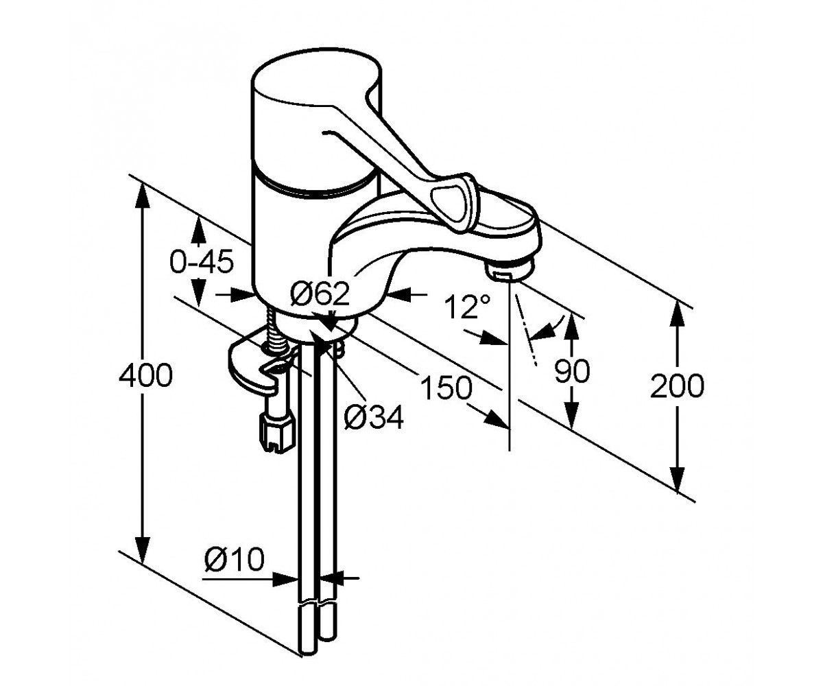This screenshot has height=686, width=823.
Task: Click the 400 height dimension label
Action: pyautogui.click(x=145, y=375)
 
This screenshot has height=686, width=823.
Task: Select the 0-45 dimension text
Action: pyautogui.click(x=202, y=261)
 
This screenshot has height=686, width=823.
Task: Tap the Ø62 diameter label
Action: pyautogui.click(x=320, y=294)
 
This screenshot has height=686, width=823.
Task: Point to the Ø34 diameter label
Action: pyautogui.click(x=374, y=416)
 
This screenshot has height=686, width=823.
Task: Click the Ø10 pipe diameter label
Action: pyautogui.click(x=234, y=558)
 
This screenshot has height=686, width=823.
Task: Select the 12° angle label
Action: pyautogui.click(x=467, y=307)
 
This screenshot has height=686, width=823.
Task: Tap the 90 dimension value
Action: pyautogui.click(x=572, y=371)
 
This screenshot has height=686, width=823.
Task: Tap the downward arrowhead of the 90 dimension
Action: pyautogui.click(x=571, y=415)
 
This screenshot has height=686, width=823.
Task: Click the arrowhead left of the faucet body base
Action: pyautogui.click(x=241, y=294)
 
